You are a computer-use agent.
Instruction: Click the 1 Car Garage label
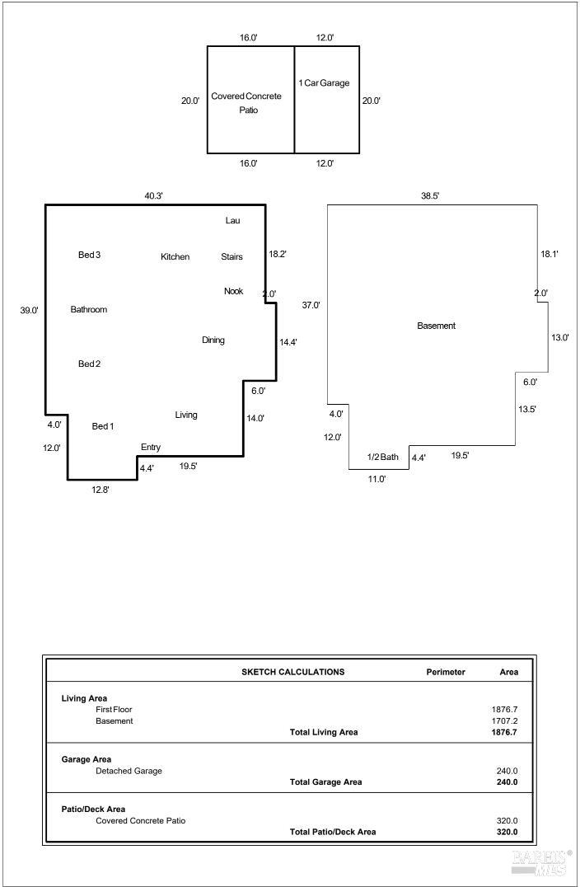(x=324, y=82)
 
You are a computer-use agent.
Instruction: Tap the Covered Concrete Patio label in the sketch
(x=246, y=103)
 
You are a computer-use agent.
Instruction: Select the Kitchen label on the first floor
(x=175, y=257)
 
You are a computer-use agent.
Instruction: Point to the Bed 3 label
(x=89, y=255)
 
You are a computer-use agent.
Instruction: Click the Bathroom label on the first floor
(x=89, y=309)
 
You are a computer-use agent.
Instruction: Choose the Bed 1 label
(x=103, y=426)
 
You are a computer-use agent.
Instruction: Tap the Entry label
(x=151, y=447)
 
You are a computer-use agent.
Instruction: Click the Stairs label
(x=232, y=257)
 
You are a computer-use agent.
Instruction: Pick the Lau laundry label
(x=233, y=221)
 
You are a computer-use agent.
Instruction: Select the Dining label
(x=213, y=340)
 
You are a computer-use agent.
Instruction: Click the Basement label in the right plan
(x=437, y=326)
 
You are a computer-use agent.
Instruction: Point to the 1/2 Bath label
(x=383, y=457)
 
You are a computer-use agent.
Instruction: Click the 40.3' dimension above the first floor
(x=154, y=196)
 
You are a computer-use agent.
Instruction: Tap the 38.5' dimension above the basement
(x=430, y=196)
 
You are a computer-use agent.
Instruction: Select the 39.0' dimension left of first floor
(x=30, y=311)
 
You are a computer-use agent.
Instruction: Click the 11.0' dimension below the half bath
(x=377, y=479)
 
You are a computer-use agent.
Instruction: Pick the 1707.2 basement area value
(x=505, y=721)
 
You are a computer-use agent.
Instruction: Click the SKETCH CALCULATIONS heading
(x=292, y=672)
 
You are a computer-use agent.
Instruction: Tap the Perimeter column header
(x=446, y=672)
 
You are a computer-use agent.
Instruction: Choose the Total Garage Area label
(x=325, y=781)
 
